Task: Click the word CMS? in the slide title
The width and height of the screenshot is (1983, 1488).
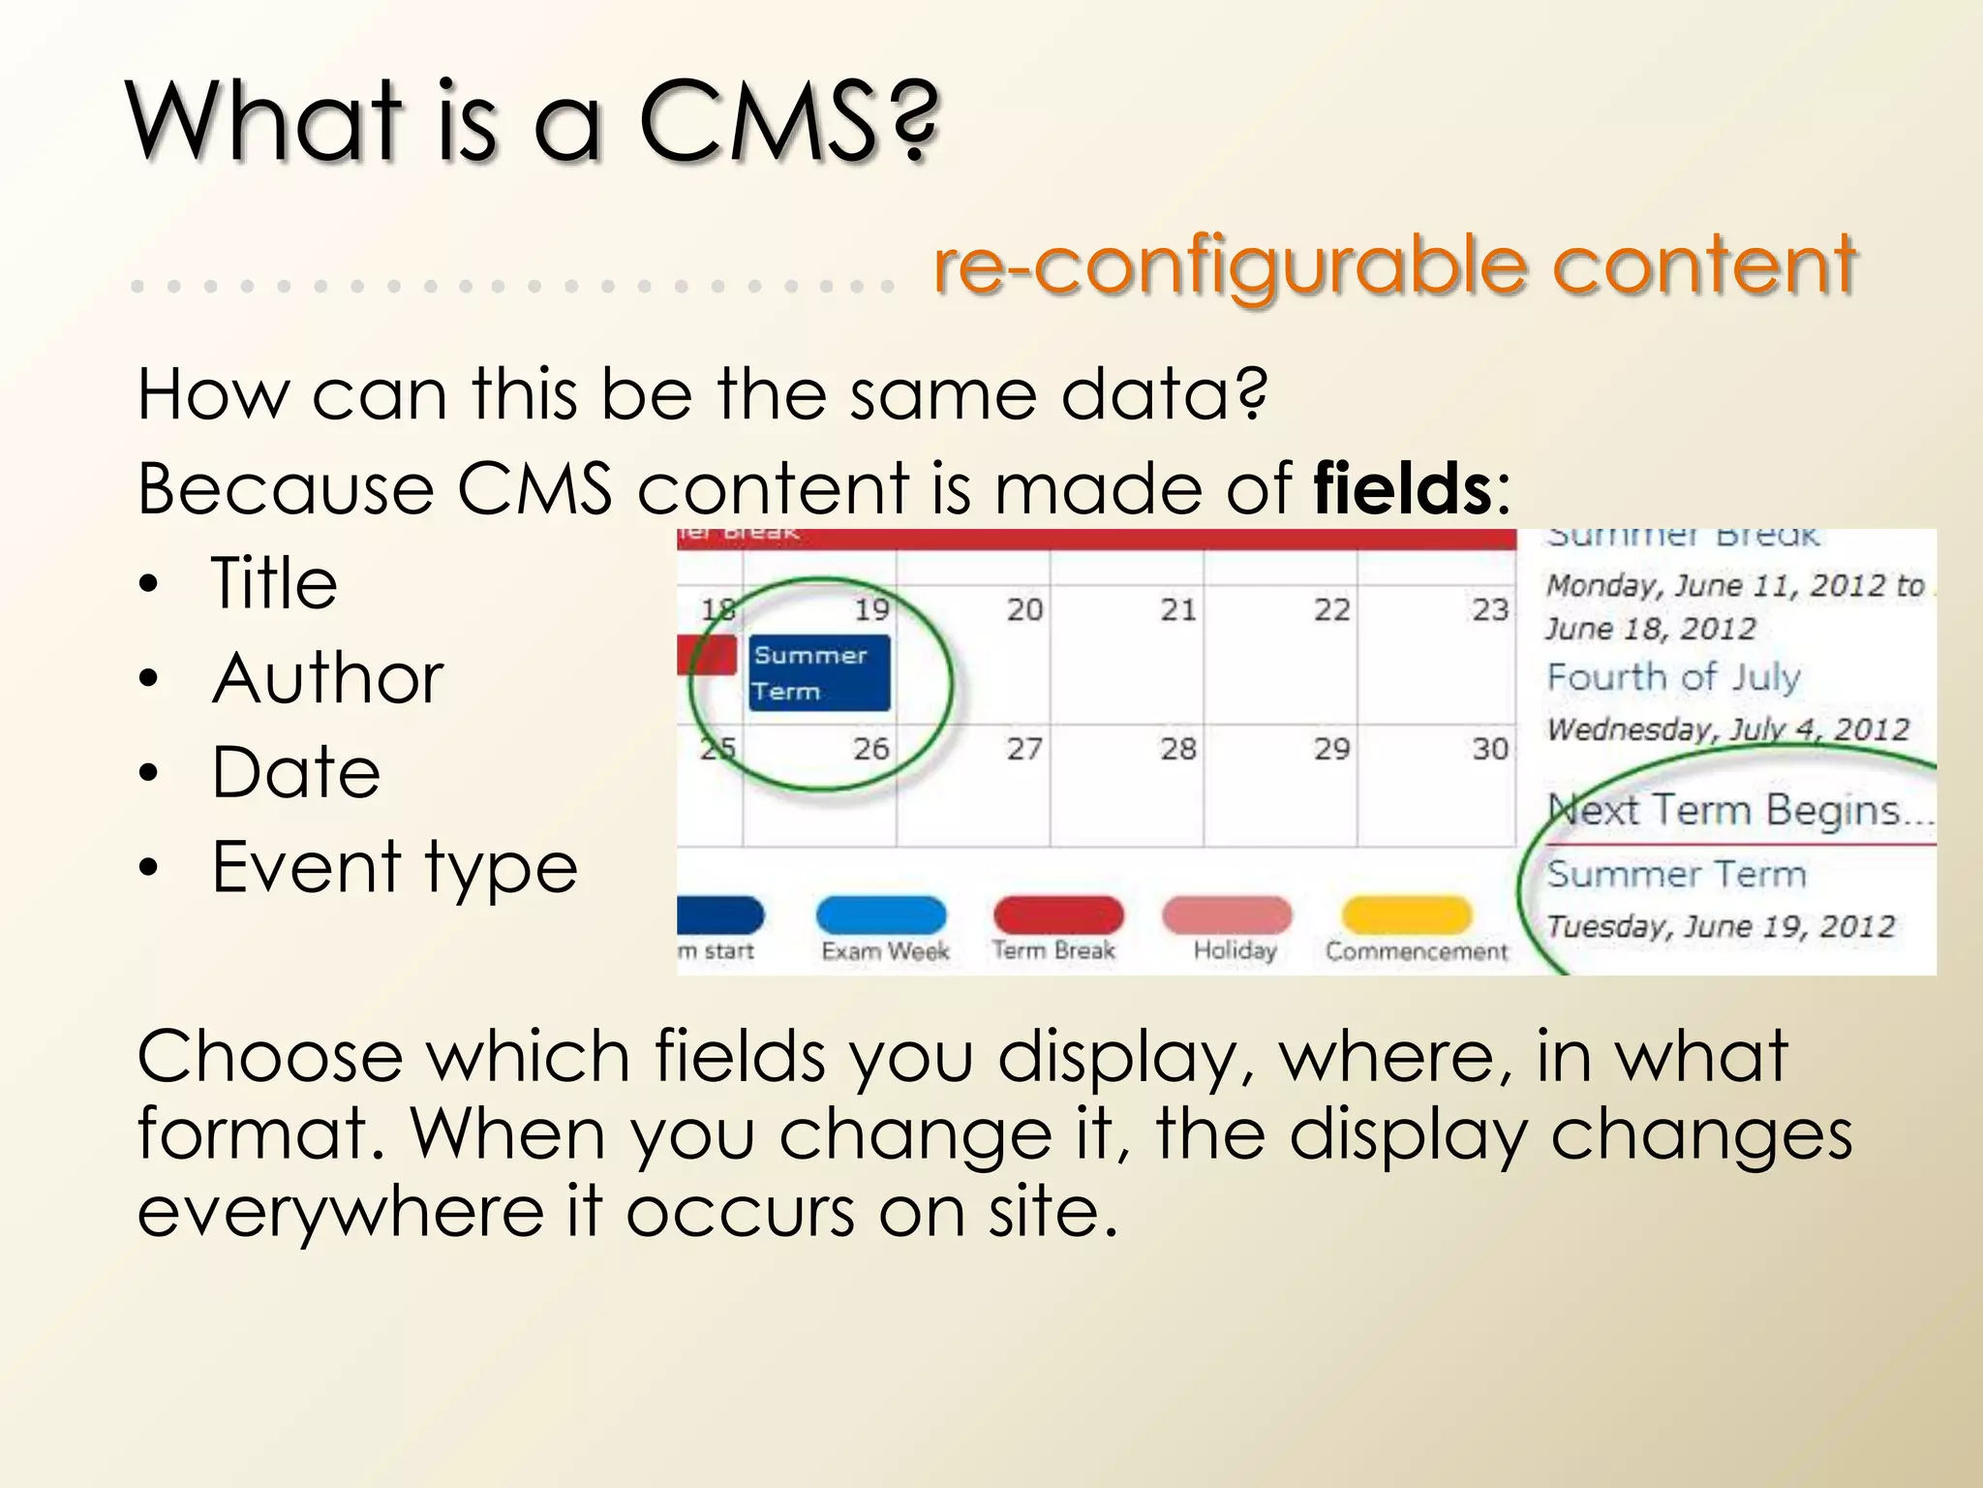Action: (788, 123)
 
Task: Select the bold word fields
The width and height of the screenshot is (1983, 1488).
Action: (1401, 488)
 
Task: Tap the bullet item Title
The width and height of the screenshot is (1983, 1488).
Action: (274, 583)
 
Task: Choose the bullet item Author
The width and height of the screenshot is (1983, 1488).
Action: (327, 678)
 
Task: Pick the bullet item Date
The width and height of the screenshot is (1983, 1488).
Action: (296, 773)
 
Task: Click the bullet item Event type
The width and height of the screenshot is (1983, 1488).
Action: (394, 867)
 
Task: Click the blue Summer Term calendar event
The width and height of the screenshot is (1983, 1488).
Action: (819, 672)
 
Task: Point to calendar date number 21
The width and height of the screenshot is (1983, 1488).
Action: (1177, 609)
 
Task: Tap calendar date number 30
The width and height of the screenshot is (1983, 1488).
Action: (1489, 748)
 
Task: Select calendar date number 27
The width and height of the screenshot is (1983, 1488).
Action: (1023, 748)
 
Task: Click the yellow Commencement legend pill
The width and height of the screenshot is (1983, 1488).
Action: (1406, 914)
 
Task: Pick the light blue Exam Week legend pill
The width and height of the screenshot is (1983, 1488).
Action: (880, 914)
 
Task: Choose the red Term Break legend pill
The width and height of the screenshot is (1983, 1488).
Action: (1057, 914)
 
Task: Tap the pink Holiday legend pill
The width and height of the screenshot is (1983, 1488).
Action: (1227, 914)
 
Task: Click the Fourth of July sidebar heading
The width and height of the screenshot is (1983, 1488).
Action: (1673, 676)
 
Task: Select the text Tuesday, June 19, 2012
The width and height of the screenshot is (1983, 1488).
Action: (1720, 926)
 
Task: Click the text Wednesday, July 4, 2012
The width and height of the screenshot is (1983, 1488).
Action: (1727, 728)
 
